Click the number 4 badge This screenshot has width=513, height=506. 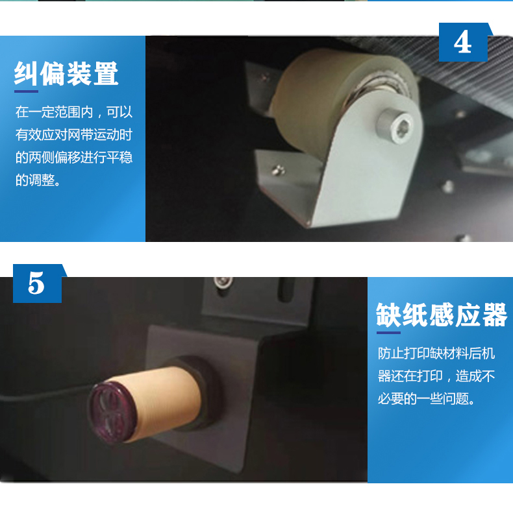click(x=463, y=42)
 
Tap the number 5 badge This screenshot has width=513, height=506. click(x=37, y=283)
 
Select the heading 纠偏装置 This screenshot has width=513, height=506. click(x=66, y=73)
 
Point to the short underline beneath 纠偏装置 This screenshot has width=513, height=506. click(x=26, y=91)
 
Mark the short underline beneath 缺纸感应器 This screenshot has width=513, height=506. click(x=388, y=333)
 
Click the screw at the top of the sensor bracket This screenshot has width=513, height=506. click(x=223, y=282)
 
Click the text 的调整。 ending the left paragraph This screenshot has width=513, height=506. click(x=38, y=180)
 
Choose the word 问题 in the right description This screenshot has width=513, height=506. click(x=455, y=398)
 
